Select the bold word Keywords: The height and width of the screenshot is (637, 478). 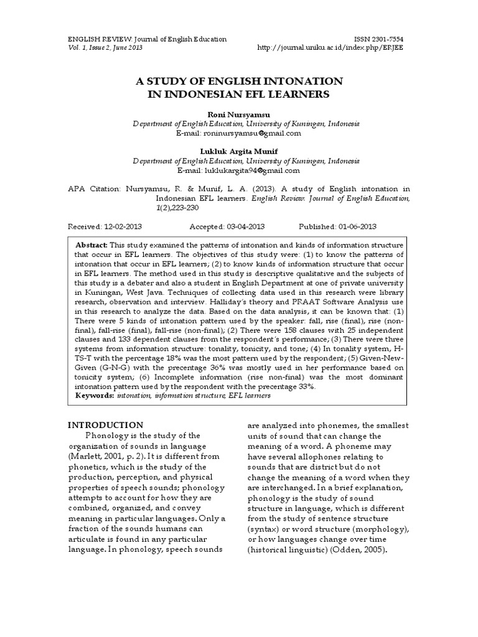(94, 394)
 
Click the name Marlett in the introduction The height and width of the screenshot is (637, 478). (83, 455)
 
